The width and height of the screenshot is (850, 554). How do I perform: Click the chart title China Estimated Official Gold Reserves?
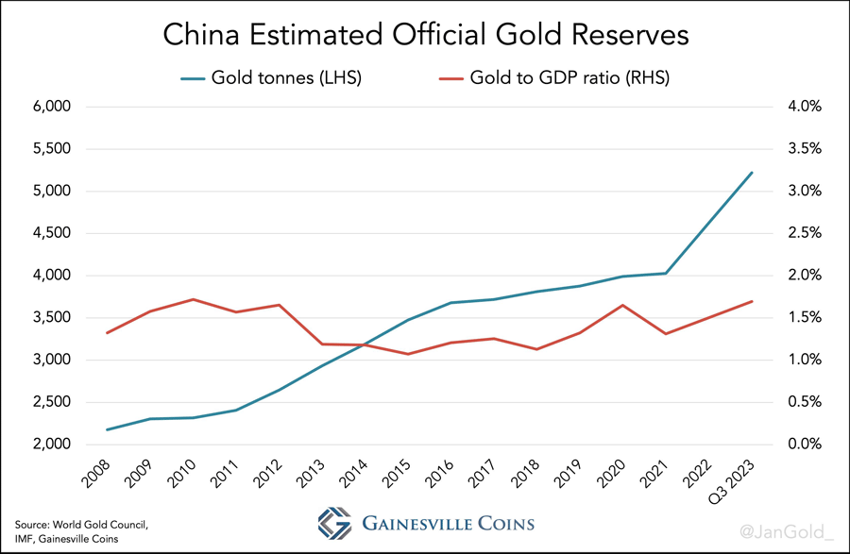(x=426, y=35)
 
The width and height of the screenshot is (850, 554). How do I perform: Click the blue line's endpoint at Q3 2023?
(x=752, y=173)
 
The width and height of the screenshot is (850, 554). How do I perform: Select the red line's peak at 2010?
(x=193, y=299)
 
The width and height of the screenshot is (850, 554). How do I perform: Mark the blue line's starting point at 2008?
(x=108, y=429)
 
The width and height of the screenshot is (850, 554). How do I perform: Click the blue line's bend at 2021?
(x=666, y=274)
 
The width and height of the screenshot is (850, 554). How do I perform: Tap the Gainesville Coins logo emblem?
(x=333, y=522)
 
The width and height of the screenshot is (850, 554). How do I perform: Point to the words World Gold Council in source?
(x=104, y=523)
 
